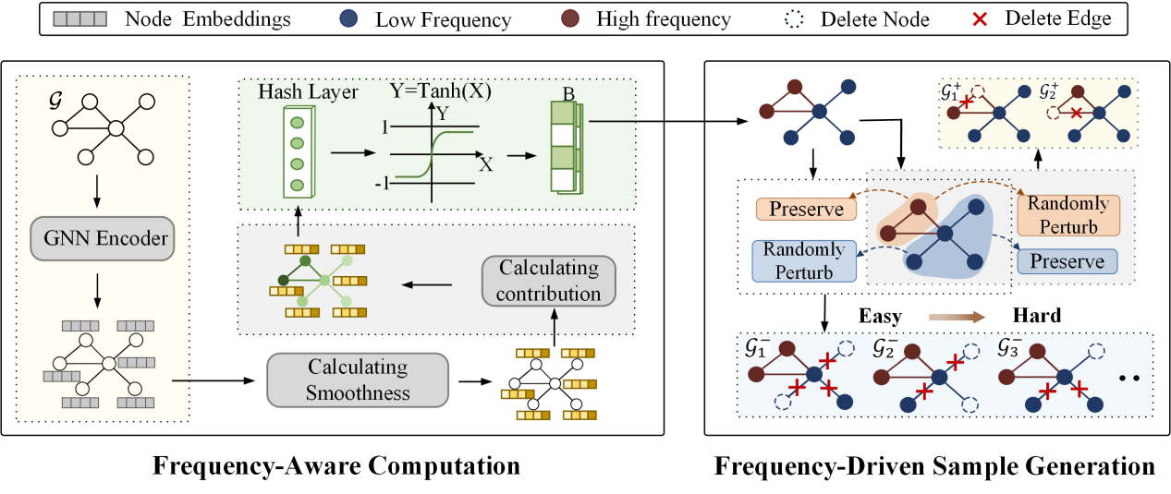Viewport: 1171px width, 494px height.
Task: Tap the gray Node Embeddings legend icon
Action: (x=79, y=18)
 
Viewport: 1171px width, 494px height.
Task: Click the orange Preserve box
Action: (x=799, y=210)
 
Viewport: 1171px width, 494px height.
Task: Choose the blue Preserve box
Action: (x=1067, y=261)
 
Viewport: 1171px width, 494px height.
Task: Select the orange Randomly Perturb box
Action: (x=1067, y=215)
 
